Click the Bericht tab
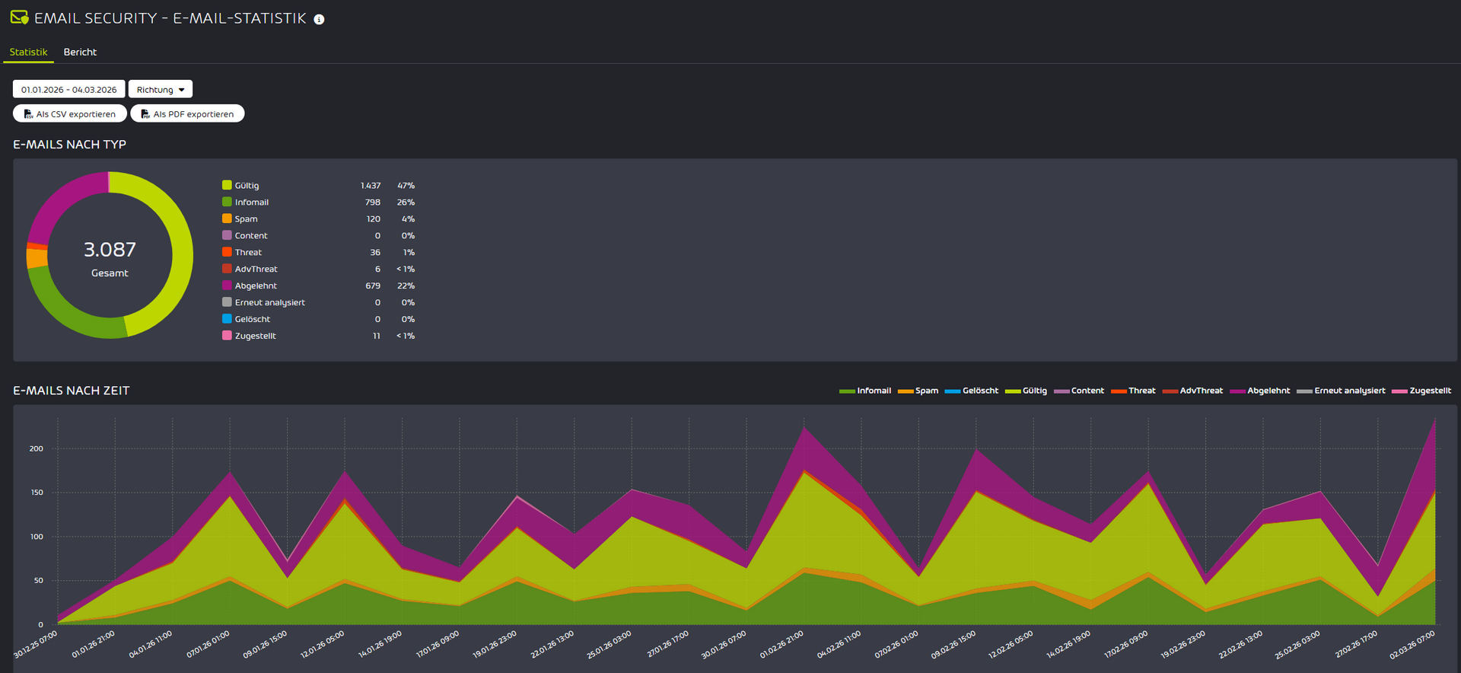pos(80,52)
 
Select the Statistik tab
pos(28,52)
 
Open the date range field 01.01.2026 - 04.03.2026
pos(68,90)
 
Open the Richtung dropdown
pos(160,90)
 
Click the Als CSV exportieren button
pos(70,114)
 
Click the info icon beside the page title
pos(319,20)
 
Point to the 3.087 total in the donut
pos(110,250)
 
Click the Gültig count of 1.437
pos(371,186)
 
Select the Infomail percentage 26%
pos(406,203)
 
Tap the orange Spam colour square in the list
pos(227,218)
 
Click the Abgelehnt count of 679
pos(373,286)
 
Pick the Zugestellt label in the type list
pos(255,336)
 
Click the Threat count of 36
pos(375,253)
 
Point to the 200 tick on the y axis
pos(37,448)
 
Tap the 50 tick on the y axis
pos(39,580)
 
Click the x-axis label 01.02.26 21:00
pos(781,645)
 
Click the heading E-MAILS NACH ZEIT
pos(72,391)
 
